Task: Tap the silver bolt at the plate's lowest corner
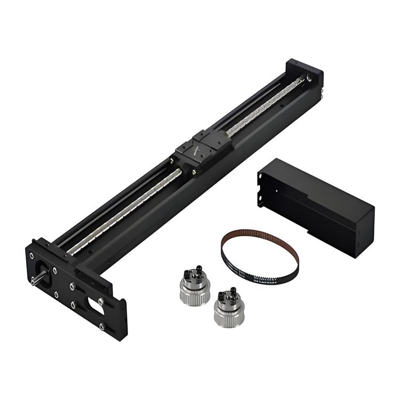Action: click(101, 326)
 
